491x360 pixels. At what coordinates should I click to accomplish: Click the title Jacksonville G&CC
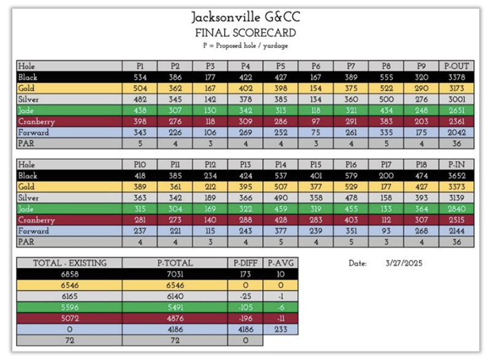coord(245,17)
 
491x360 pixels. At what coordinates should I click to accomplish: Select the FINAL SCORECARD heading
coord(245,33)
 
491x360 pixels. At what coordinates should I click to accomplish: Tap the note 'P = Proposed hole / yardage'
coord(245,45)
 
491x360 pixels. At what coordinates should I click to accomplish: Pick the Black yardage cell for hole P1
coord(140,77)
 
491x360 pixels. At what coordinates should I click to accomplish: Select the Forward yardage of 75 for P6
coord(315,132)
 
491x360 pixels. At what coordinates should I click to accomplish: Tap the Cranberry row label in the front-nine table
coord(37,121)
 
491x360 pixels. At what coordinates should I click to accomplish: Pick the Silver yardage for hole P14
coord(280,198)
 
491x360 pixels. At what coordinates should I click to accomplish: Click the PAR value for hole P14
coord(280,242)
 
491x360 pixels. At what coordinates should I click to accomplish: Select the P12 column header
coord(210,165)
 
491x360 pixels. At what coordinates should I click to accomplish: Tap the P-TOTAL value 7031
coord(174,274)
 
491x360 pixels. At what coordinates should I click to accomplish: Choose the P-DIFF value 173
coord(245,274)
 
